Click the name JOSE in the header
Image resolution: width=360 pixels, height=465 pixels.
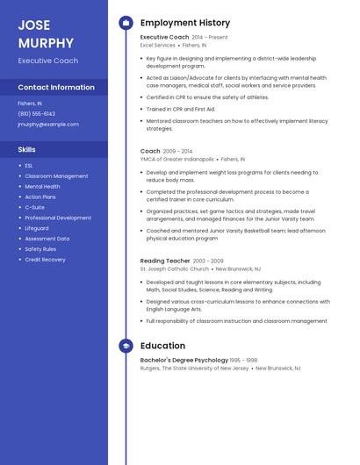pos(34,25)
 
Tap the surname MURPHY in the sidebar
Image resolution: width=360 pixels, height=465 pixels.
pos(45,41)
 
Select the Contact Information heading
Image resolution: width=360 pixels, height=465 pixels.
pos(56,88)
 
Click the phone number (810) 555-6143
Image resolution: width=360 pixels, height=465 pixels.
pos(37,114)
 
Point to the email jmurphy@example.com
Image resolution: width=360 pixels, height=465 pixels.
pos(48,125)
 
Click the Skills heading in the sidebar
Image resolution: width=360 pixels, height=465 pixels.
pos(27,149)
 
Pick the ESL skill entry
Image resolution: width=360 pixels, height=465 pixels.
pos(29,166)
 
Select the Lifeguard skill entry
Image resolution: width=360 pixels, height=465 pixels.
pos(37,228)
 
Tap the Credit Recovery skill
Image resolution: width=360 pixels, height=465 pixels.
pos(45,260)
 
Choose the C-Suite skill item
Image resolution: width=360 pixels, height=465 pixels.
pos(34,207)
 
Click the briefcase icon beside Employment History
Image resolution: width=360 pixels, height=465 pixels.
pos(126,23)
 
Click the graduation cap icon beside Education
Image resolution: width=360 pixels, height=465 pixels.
pos(126,346)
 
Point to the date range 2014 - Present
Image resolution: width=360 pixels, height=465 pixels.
pos(210,38)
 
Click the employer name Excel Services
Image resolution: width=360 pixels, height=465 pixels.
pos(164,46)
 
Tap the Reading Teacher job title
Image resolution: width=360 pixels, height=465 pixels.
pos(165,261)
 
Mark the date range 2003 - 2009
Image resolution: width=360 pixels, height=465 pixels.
pos(208,261)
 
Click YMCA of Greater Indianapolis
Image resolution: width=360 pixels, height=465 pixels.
pos(177,160)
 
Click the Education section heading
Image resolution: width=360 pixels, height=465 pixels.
pos(162,346)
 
